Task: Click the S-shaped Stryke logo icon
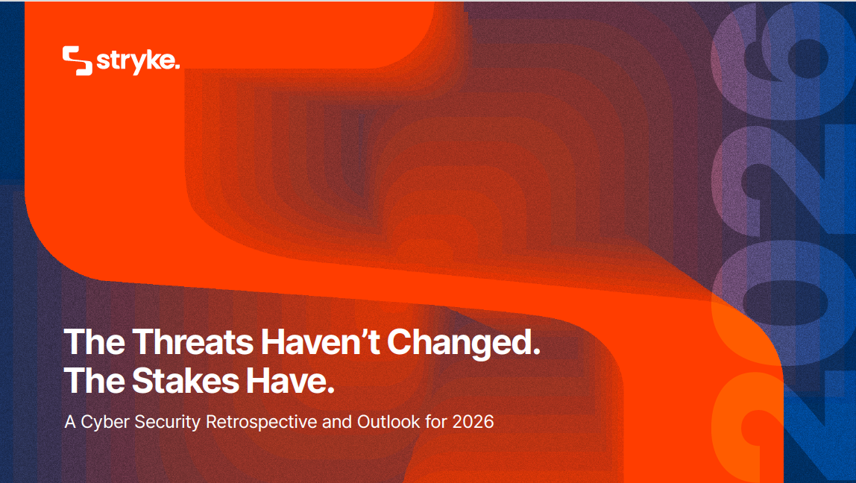[x=77, y=60]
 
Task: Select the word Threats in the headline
[x=193, y=341]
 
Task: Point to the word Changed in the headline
[x=459, y=344]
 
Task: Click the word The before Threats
[x=95, y=341]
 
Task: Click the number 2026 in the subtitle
[x=473, y=422]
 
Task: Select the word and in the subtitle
[x=337, y=422]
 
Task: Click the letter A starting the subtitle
[x=70, y=422]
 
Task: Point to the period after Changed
[x=536, y=352]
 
